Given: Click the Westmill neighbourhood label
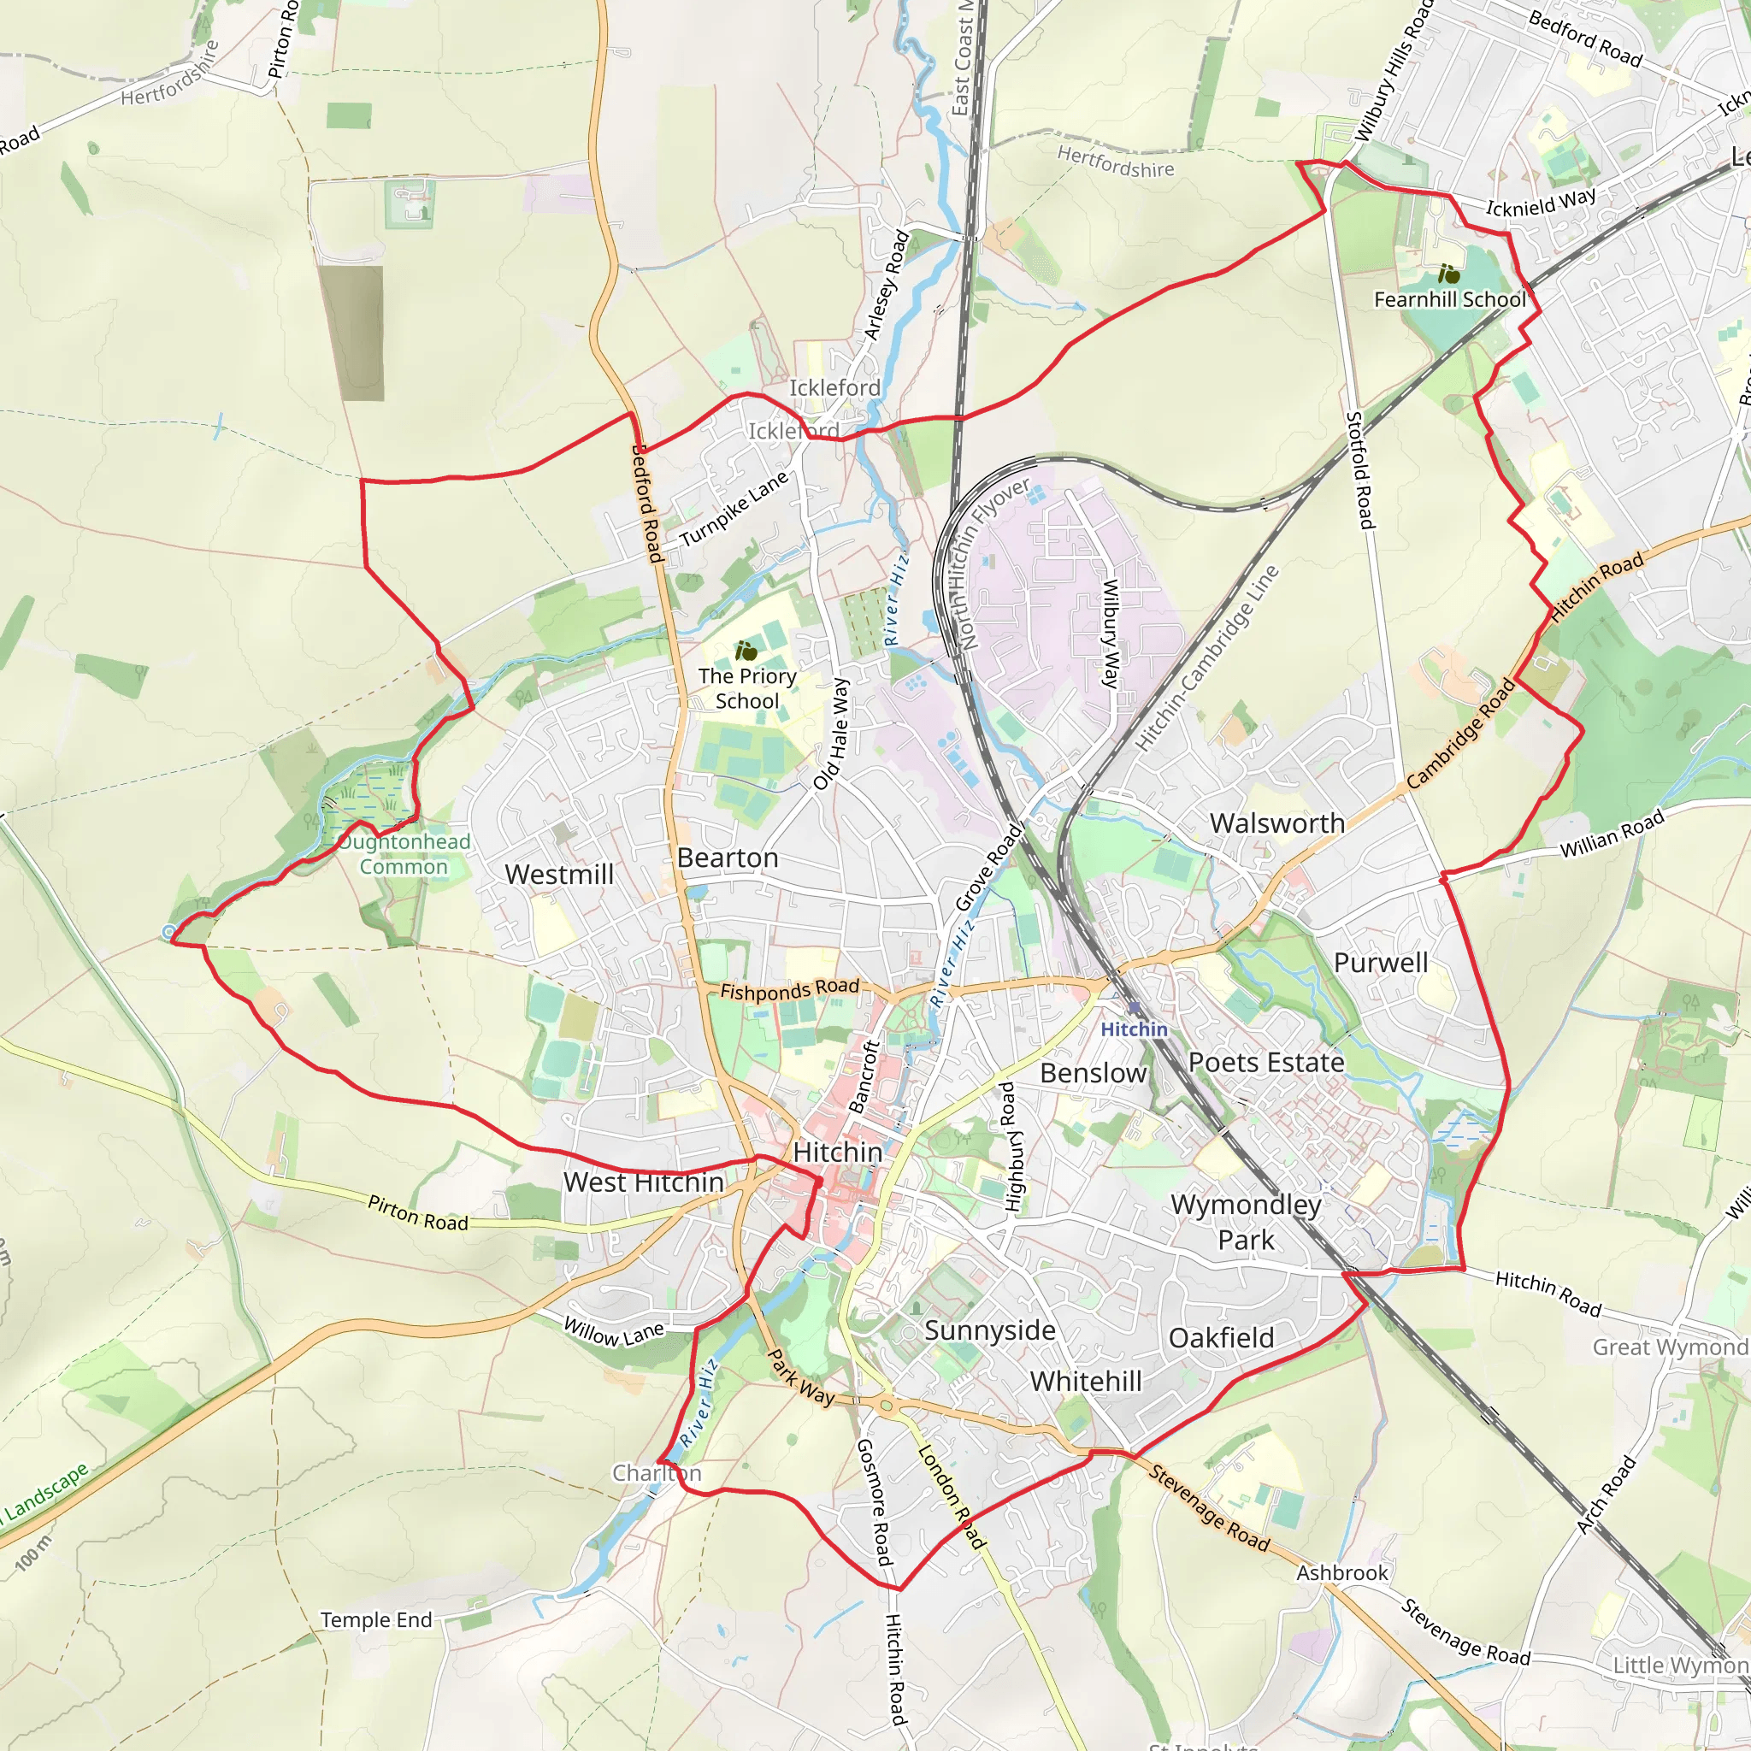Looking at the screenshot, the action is [559, 875].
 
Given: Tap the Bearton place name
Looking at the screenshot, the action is [728, 858].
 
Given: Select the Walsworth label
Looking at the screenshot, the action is [1277, 823].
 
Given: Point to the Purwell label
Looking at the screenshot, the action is [1380, 963].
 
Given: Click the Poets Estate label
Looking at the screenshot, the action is [1266, 1062].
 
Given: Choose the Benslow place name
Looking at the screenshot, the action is [1093, 1073].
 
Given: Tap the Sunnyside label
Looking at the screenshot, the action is [990, 1330].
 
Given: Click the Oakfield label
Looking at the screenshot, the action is [1221, 1338].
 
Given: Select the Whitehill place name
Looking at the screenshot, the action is [1086, 1382].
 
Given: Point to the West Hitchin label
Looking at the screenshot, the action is [644, 1182].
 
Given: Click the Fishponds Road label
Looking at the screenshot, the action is [789, 990].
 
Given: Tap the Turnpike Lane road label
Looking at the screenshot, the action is [734, 510].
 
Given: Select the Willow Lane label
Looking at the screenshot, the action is [614, 1332].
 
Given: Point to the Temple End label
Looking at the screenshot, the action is [376, 1619].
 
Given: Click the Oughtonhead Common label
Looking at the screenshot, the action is [404, 854].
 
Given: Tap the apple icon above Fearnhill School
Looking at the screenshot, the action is [1448, 273].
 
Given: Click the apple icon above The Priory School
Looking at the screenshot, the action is [746, 651].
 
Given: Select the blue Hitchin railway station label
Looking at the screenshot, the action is [1134, 1029].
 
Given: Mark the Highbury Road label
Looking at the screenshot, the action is [1011, 1147].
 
